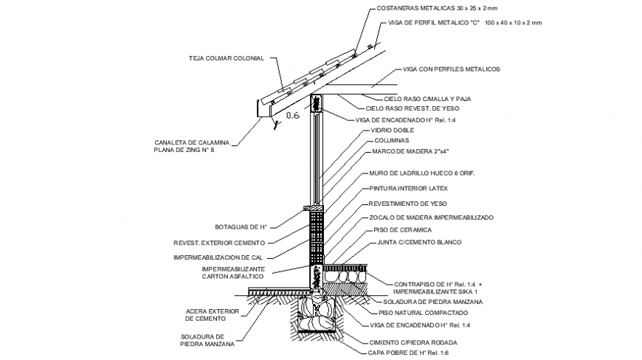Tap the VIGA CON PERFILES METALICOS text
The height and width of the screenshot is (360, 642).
452,69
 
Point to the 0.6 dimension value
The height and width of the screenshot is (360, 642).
291,115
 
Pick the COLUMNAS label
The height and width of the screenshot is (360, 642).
391,140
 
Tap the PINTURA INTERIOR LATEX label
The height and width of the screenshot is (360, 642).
409,188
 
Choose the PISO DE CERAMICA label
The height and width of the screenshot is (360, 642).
403,229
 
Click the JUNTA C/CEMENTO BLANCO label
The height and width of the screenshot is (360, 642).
418,242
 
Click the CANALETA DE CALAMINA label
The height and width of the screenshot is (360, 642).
192,142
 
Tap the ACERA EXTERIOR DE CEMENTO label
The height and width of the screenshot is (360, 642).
212,315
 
